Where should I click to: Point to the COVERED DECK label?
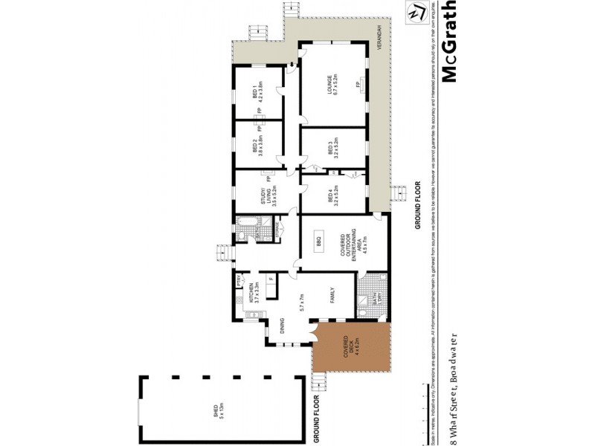coord(347,349)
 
